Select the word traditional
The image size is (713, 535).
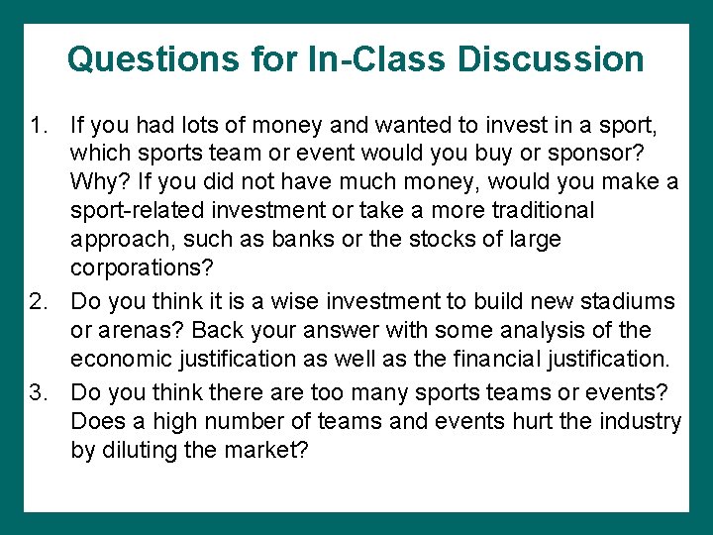point(540,211)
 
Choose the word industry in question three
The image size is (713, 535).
point(634,421)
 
